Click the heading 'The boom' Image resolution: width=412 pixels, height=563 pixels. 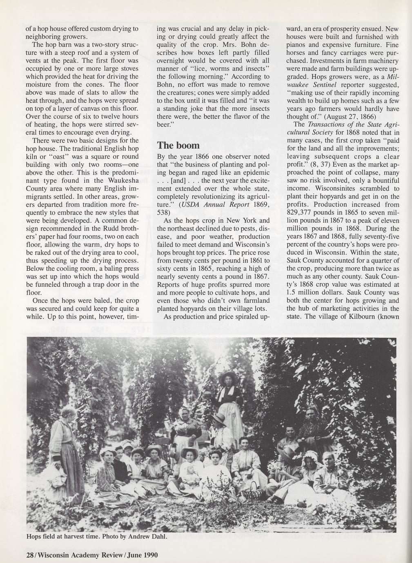coord(178,146)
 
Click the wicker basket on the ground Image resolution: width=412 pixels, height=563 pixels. coord(254,492)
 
